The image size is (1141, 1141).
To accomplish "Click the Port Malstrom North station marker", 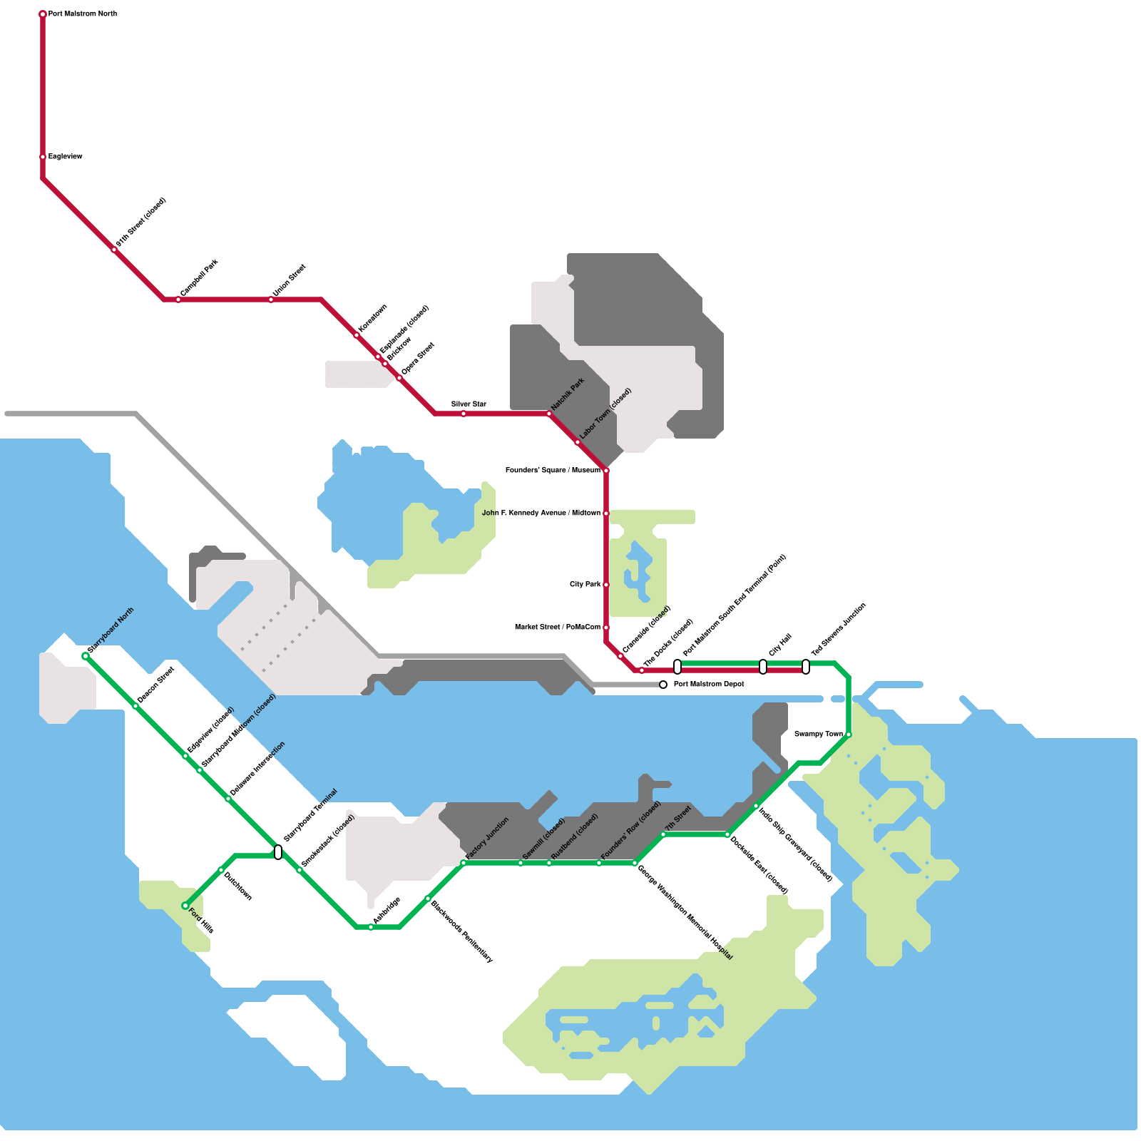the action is pyautogui.click(x=43, y=14).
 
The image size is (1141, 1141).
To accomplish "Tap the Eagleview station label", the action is pyautogui.click(x=66, y=157).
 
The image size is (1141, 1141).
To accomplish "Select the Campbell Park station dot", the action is pyautogui.click(x=178, y=300).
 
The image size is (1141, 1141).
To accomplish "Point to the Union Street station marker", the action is pyautogui.click(x=271, y=300).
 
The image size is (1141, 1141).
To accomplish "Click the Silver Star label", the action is pyautogui.click(x=469, y=404).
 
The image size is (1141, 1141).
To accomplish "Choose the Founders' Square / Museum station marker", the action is pyautogui.click(x=606, y=471).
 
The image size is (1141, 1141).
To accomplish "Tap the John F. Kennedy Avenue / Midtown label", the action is pyautogui.click(x=541, y=513).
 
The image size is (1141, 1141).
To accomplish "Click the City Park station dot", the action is pyautogui.click(x=606, y=585).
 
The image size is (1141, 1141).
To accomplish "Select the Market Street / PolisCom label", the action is pyautogui.click(x=558, y=628).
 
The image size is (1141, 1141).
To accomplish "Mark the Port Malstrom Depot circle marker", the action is pyautogui.click(x=663, y=685).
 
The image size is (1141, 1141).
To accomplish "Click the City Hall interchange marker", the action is pyautogui.click(x=763, y=667).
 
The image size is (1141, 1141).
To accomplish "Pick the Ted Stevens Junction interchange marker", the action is pyautogui.click(x=806, y=667).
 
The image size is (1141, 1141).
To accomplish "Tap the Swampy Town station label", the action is pyautogui.click(x=819, y=734).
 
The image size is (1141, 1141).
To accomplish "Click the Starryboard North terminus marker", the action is pyautogui.click(x=86, y=656).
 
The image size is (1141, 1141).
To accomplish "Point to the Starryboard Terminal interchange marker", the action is pyautogui.click(x=278, y=852).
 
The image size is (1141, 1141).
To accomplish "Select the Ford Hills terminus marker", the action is pyautogui.click(x=185, y=906).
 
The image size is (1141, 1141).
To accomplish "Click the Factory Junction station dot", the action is pyautogui.click(x=464, y=863).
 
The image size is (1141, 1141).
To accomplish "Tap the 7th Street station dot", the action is pyautogui.click(x=663, y=834).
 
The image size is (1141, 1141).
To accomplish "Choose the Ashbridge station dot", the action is pyautogui.click(x=371, y=927).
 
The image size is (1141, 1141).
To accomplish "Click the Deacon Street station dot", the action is pyautogui.click(x=135, y=706).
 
